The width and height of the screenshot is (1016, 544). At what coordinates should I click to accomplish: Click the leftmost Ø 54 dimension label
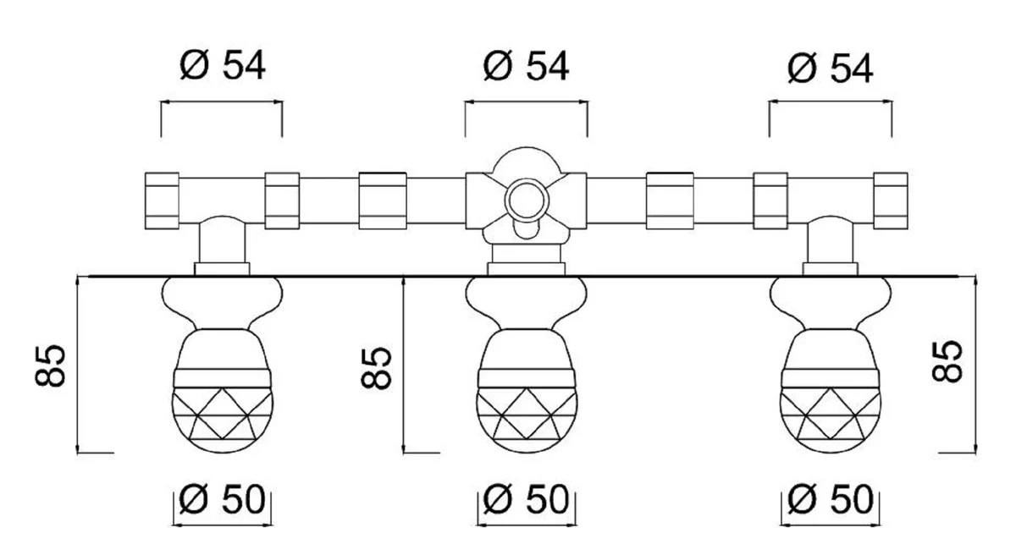coord(222,67)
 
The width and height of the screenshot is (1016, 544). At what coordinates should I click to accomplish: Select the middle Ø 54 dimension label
coord(526,67)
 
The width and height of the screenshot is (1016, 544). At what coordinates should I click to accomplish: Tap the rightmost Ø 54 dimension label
coord(829,69)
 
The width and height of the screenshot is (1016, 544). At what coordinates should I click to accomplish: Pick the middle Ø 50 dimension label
coord(526,502)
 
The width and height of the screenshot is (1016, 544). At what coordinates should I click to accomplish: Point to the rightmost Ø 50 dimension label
coord(829,502)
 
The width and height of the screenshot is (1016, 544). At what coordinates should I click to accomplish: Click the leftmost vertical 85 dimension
coord(52,365)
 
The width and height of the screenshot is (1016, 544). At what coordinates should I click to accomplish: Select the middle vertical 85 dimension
coord(379,365)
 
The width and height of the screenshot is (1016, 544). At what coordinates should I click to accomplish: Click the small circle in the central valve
coord(526,200)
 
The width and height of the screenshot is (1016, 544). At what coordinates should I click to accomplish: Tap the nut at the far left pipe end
coord(161,201)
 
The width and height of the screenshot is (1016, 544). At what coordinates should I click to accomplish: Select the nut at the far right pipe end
coord(891,201)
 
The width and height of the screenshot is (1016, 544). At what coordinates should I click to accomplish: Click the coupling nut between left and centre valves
coord(383,201)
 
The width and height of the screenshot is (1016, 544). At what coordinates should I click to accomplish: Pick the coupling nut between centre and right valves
coord(669,201)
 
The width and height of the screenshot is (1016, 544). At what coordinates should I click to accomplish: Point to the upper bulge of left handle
coord(222,298)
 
